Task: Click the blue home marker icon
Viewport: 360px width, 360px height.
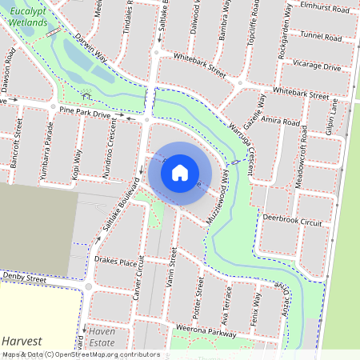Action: pyautogui.click(x=180, y=173)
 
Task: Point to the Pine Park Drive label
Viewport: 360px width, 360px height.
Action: pyautogui.click(x=86, y=114)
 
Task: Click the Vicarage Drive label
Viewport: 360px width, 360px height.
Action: pyautogui.click(x=317, y=67)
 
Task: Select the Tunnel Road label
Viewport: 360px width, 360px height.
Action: pyautogui.click(x=321, y=36)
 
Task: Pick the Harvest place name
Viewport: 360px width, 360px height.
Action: pyautogui.click(x=21, y=341)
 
